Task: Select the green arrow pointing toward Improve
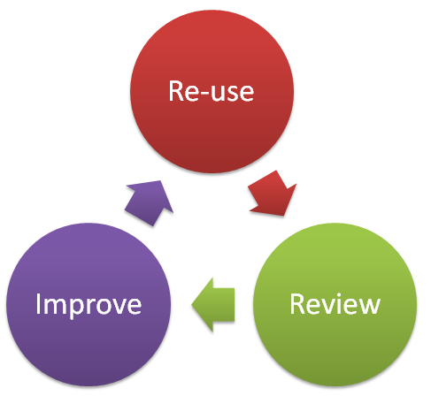(x=214, y=305)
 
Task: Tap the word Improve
(x=89, y=305)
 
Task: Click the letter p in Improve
(x=73, y=308)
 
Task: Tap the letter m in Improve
(x=55, y=306)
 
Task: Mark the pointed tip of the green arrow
(x=194, y=306)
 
